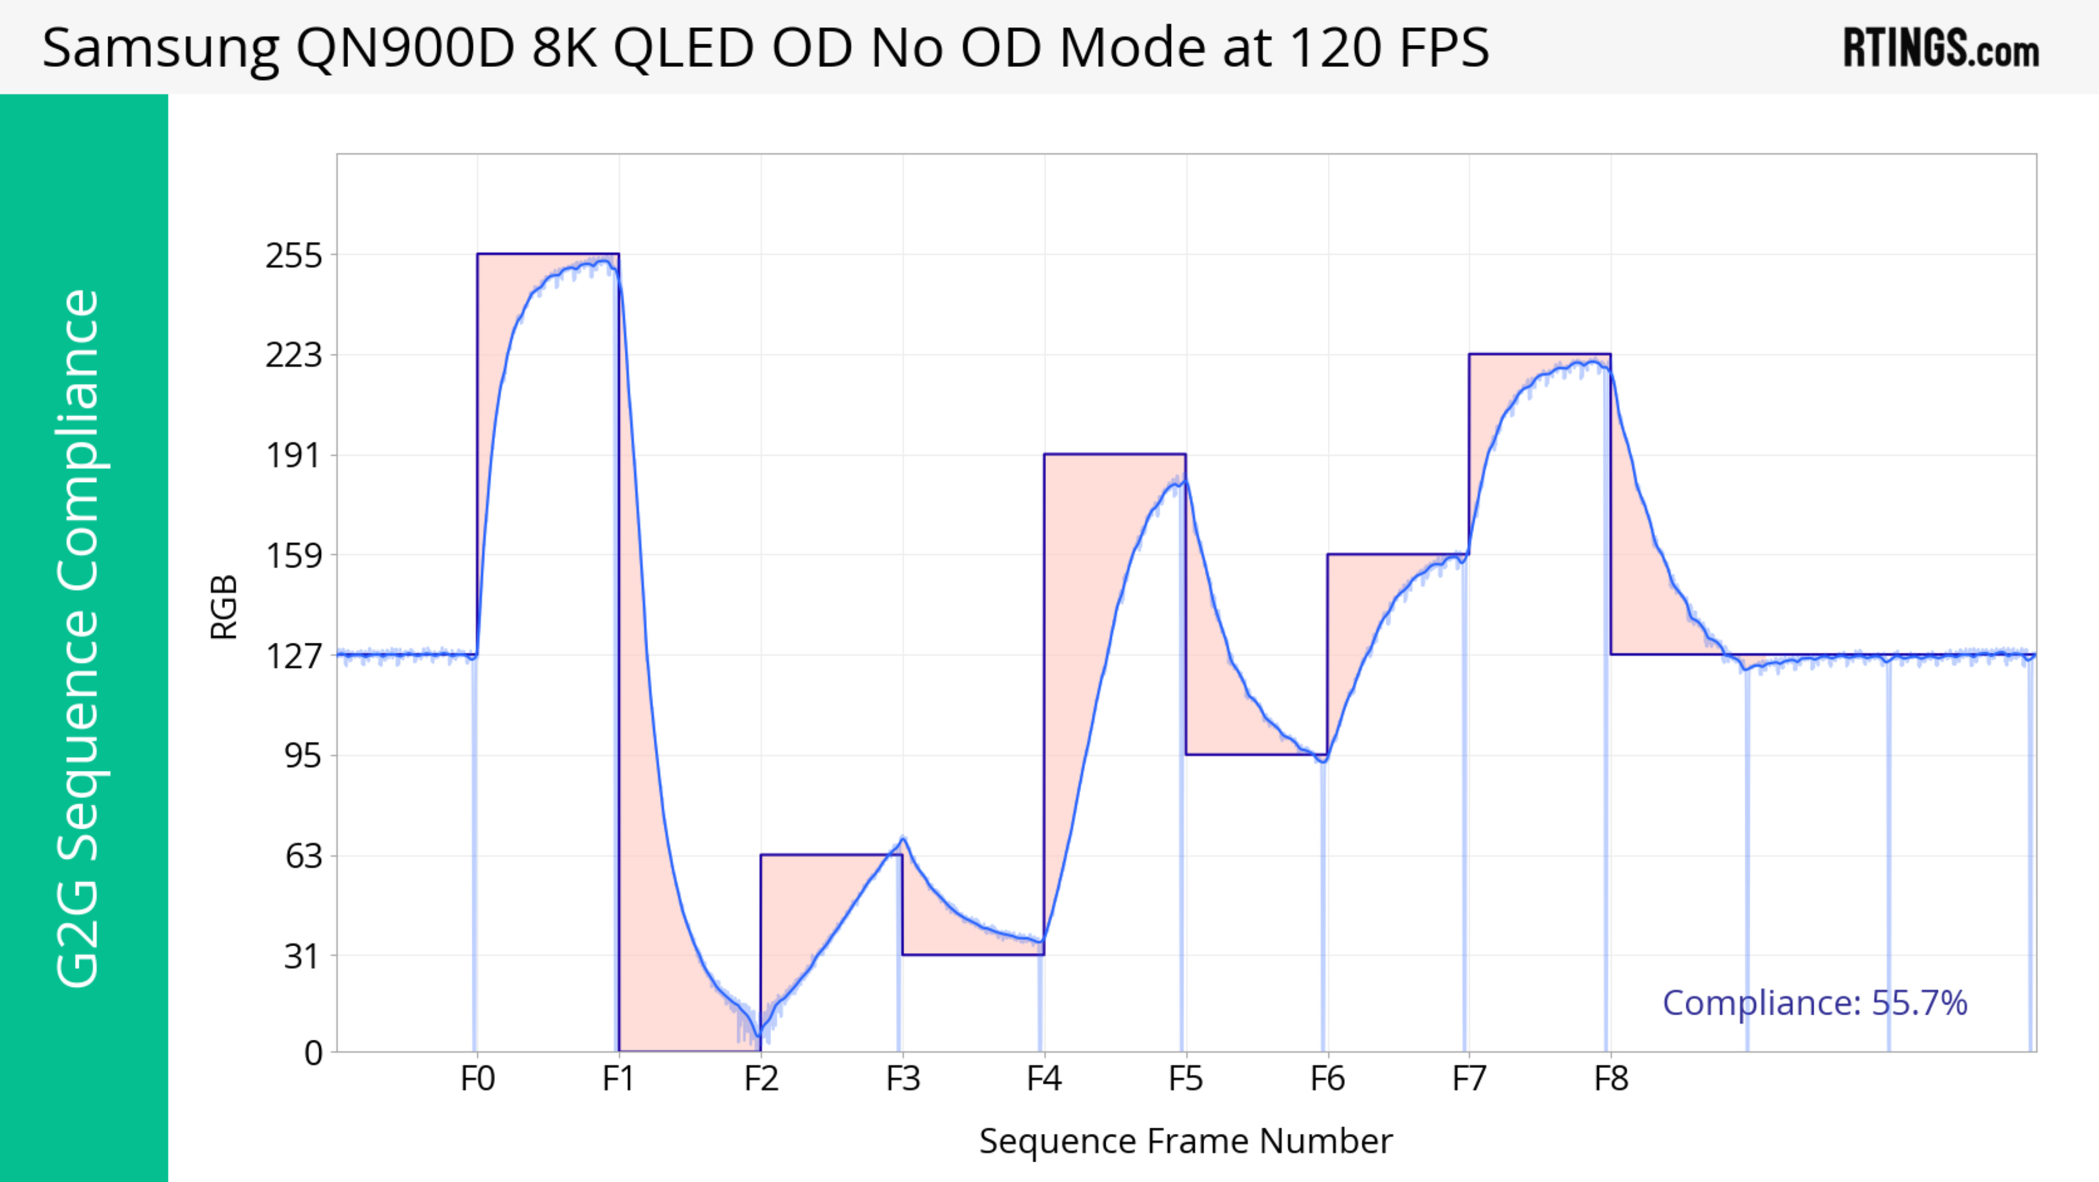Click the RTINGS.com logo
click(1941, 48)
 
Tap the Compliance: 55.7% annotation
click(1815, 1003)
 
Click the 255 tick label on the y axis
click(294, 256)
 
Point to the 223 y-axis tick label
click(294, 356)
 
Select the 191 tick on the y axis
click(294, 456)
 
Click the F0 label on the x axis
click(478, 1079)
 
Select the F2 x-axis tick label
click(761, 1079)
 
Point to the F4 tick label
click(1044, 1079)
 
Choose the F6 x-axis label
click(1327, 1079)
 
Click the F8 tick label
click(1611, 1079)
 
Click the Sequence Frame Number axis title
click(1186, 1141)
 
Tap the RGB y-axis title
click(224, 607)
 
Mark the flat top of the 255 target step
click(548, 254)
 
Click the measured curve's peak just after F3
click(904, 839)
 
